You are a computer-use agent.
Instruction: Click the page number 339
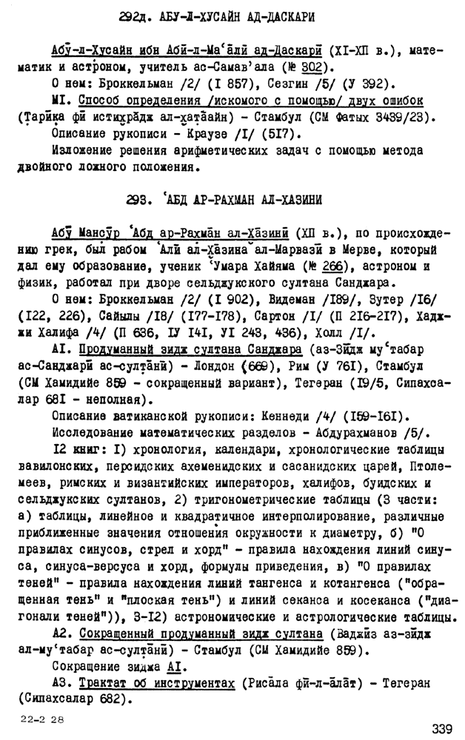coord(442,728)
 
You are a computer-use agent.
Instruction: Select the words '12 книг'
coord(77,450)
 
